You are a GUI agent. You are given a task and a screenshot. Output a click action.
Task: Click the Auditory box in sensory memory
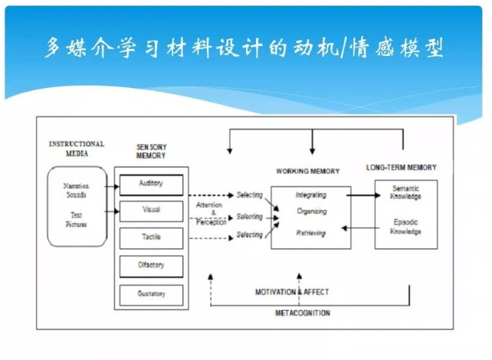(x=150, y=185)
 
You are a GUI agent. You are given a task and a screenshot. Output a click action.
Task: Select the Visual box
(x=150, y=210)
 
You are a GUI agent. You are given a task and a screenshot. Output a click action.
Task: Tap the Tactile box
(x=150, y=237)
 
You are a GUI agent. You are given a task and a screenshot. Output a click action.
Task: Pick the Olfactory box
(x=150, y=265)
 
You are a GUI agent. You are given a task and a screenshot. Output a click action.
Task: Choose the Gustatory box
(x=150, y=293)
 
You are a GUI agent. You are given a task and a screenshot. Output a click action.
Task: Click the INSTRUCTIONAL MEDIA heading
(x=77, y=148)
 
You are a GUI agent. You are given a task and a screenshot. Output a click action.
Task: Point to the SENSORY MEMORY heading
(x=151, y=151)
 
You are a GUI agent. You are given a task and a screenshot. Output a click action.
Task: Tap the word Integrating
(x=310, y=195)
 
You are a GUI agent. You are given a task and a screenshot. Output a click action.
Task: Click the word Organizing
(x=311, y=212)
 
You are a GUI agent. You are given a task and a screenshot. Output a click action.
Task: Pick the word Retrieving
(x=310, y=232)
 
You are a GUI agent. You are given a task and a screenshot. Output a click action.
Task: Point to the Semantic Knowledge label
(x=406, y=193)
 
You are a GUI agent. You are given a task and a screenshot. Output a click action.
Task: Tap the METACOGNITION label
(x=303, y=313)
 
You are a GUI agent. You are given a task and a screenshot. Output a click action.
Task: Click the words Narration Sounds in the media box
(x=76, y=191)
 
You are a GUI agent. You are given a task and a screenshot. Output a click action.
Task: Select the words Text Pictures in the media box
(x=76, y=220)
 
